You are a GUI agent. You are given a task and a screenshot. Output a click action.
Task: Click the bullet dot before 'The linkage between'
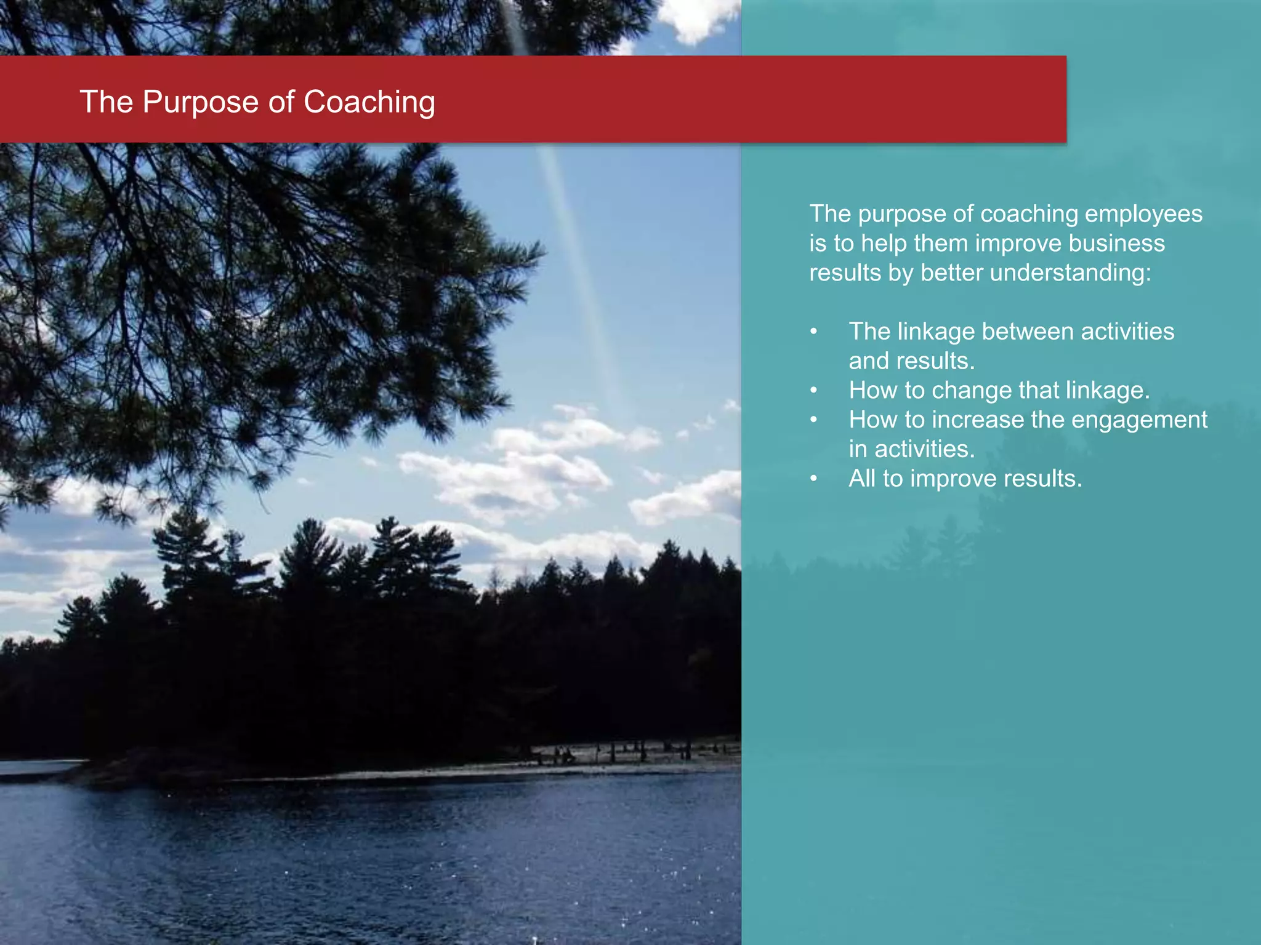[x=814, y=332]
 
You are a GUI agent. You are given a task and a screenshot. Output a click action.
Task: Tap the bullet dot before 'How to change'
[x=814, y=391]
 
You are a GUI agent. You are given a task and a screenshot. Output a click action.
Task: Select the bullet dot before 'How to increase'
[x=814, y=420]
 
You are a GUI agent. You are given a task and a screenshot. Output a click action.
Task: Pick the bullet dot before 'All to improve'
[x=814, y=479]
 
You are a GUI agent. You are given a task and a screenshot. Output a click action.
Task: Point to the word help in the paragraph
[x=884, y=243]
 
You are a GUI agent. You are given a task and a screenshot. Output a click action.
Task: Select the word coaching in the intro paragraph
[x=1029, y=214]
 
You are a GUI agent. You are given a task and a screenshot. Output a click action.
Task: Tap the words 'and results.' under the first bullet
[x=911, y=361]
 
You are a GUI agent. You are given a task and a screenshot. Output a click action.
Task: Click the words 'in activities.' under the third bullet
[x=911, y=449]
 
